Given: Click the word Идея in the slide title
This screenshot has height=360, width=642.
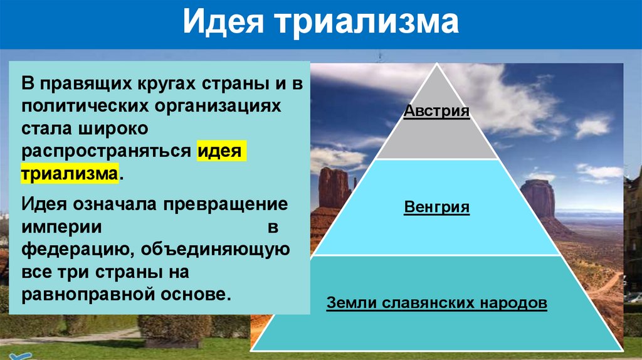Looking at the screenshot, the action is [x=223, y=22].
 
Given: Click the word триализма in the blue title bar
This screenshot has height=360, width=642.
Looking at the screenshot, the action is [x=367, y=23].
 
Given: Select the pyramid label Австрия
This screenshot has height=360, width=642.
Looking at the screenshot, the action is [x=436, y=110].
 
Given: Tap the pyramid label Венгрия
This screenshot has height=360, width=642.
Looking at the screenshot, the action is [x=436, y=207].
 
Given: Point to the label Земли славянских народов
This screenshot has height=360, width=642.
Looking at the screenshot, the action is [x=436, y=303].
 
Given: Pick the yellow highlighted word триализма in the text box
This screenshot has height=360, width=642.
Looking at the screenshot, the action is [x=70, y=174].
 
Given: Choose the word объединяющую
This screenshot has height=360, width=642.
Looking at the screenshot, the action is [x=215, y=250].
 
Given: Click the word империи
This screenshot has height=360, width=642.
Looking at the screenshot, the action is [x=61, y=227].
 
